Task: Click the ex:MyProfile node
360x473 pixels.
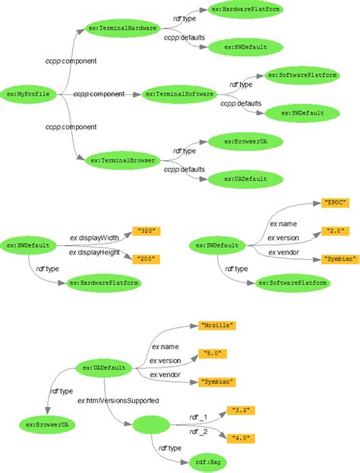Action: (27, 93)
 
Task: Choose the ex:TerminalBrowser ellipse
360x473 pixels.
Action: (123, 160)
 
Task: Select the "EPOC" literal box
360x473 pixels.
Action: (335, 203)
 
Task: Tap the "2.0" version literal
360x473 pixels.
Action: (335, 230)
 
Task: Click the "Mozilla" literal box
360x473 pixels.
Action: (218, 325)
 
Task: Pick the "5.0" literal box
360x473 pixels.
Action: (213, 353)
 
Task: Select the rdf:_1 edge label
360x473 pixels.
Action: (197, 416)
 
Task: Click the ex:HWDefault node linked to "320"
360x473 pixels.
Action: (29, 245)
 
